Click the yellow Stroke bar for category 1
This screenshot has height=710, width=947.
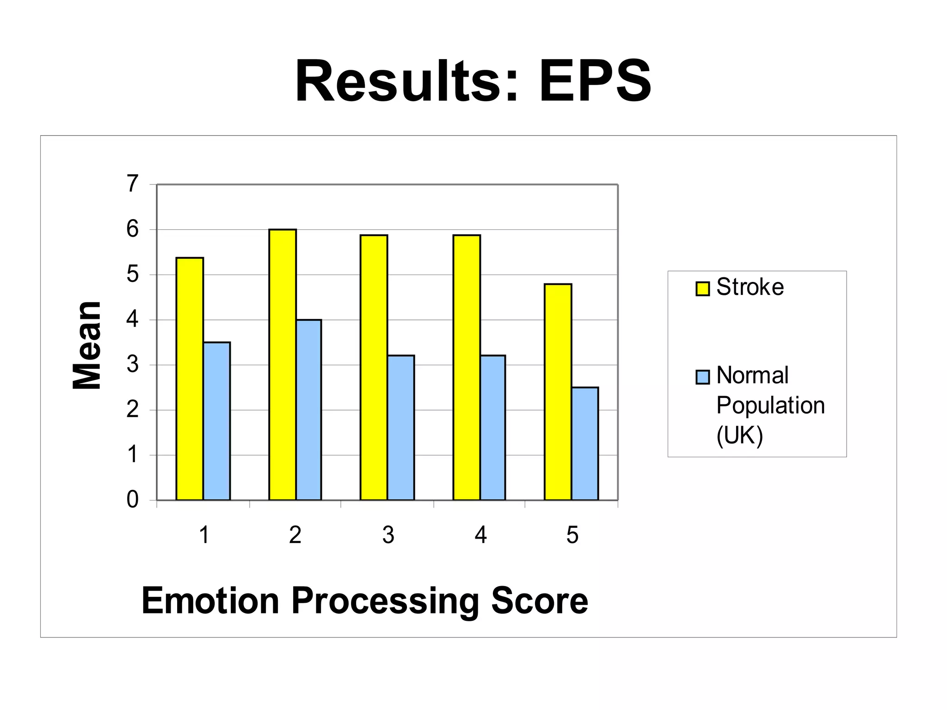click(190, 379)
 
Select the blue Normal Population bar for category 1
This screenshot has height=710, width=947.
click(217, 421)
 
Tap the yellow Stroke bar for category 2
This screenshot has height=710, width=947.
click(283, 365)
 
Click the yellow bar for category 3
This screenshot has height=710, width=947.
click(374, 367)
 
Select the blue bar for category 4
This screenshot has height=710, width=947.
click(492, 428)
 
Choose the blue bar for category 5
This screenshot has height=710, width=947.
click(585, 444)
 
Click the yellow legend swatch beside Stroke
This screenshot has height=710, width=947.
click(702, 289)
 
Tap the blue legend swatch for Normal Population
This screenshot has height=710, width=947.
click(702, 377)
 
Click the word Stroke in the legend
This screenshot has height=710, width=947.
click(750, 287)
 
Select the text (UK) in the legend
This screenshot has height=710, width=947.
click(739, 435)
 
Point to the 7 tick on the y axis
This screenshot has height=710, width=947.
click(133, 184)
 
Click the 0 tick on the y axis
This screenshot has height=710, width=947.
click(133, 500)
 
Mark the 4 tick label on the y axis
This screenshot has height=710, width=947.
click(133, 319)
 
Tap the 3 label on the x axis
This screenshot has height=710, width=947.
click(388, 535)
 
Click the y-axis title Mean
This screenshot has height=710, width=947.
click(87, 345)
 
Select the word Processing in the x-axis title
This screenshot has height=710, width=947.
click(385, 601)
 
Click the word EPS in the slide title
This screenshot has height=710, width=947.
click(595, 82)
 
